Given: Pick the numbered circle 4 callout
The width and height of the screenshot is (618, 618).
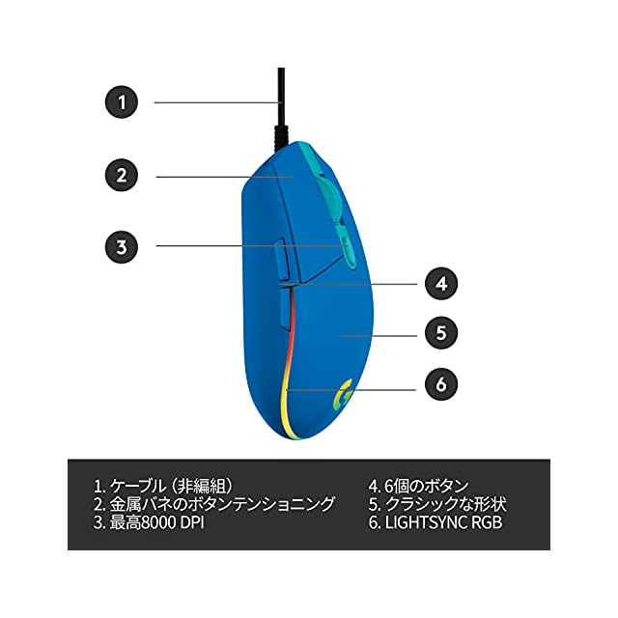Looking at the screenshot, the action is click(440, 284).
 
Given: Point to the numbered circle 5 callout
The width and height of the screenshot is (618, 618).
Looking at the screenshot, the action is click(440, 334).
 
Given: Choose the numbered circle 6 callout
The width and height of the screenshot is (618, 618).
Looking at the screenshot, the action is click(440, 384).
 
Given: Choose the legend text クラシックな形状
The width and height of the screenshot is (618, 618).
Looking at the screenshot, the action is click(445, 504).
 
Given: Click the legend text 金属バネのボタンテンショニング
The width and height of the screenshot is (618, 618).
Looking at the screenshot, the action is click(223, 504).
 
